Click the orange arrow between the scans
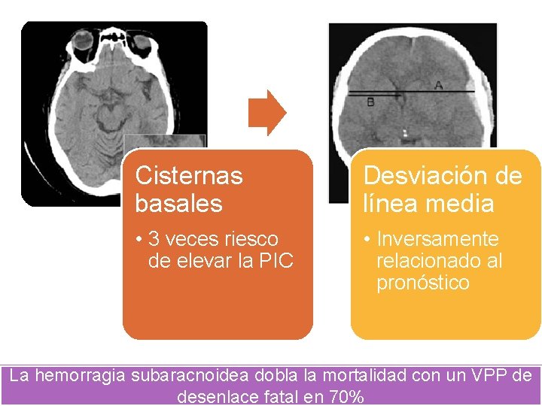point(267,113)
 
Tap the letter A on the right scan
point(438,85)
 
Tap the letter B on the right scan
point(370,102)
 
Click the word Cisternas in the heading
point(189,176)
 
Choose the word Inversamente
point(437,239)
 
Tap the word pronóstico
point(422,283)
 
